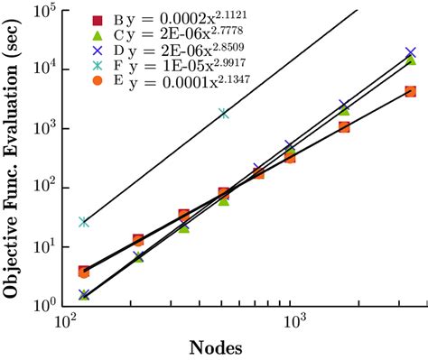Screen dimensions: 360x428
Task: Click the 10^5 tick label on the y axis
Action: click(x=44, y=11)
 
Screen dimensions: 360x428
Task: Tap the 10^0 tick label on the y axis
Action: click(x=44, y=306)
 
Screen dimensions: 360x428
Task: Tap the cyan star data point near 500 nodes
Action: click(x=223, y=114)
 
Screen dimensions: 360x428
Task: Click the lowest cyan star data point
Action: click(x=84, y=221)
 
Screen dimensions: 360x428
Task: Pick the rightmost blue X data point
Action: click(x=411, y=53)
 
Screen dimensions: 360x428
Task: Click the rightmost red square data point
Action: click(x=411, y=91)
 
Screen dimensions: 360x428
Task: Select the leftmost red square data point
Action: click(x=84, y=272)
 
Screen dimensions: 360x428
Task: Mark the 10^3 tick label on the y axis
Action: click(x=44, y=128)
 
